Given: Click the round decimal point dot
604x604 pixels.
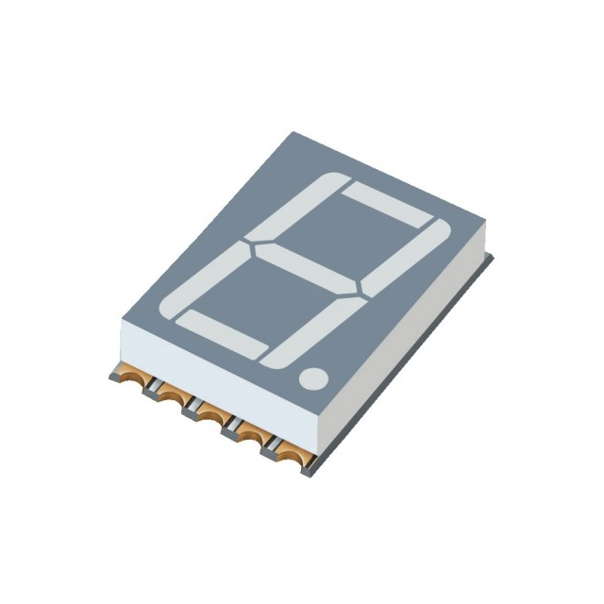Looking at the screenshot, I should (x=314, y=379).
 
